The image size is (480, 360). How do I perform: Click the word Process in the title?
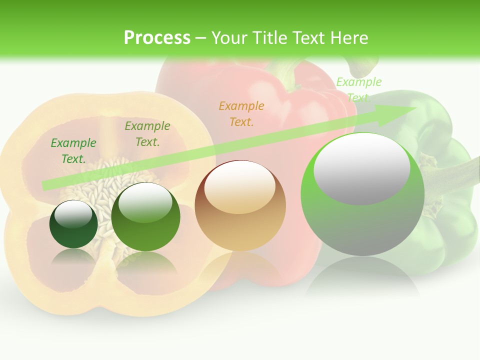click(x=157, y=37)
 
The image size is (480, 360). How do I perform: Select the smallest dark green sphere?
click(x=73, y=224)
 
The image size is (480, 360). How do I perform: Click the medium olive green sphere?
click(x=145, y=216)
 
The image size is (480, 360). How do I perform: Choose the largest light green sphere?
click(x=362, y=195)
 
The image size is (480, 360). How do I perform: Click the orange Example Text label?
click(x=241, y=113)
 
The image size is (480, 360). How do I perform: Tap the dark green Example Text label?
click(x=73, y=150)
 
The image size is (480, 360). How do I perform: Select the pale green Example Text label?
click(x=358, y=89)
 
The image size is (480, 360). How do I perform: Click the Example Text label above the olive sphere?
click(x=147, y=133)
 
